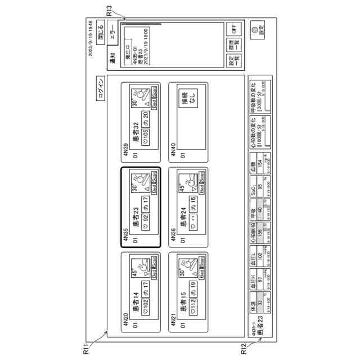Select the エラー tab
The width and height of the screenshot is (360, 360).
112,29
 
